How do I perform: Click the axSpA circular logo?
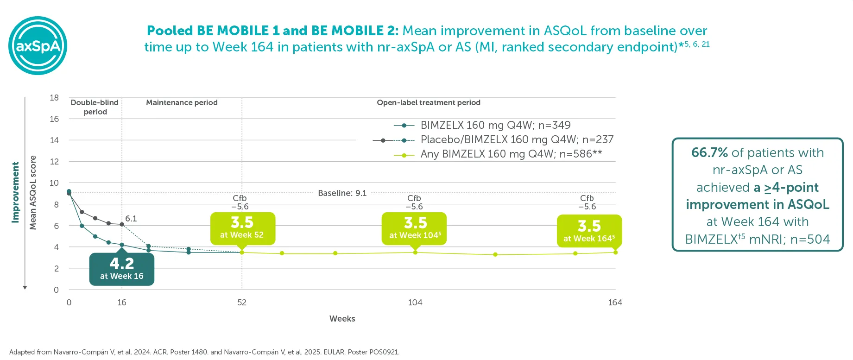click(x=38, y=45)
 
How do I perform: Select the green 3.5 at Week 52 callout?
click(x=242, y=228)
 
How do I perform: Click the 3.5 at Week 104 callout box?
click(x=414, y=228)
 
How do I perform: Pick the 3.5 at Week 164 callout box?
click(x=589, y=231)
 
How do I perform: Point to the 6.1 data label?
click(x=131, y=219)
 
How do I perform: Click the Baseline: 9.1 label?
click(x=342, y=193)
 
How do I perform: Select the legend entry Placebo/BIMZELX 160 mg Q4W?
click(x=517, y=139)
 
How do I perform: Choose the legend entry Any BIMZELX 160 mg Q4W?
click(x=511, y=154)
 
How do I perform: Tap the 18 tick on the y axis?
click(x=54, y=98)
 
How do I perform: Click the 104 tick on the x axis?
click(x=415, y=303)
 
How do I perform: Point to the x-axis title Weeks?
click(x=342, y=319)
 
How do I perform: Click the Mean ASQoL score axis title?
click(x=33, y=192)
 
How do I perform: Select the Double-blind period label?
click(x=95, y=107)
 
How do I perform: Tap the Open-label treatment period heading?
click(x=428, y=103)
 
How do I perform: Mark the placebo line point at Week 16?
click(x=122, y=224)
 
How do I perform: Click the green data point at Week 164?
click(x=615, y=253)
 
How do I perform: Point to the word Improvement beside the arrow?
click(x=15, y=192)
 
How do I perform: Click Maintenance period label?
click(x=182, y=103)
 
